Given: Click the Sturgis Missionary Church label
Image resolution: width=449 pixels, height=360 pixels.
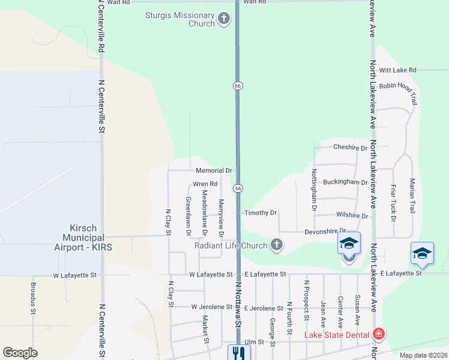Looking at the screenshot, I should tap(180, 19).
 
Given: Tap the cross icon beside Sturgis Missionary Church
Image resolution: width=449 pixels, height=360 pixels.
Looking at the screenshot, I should tap(223, 19).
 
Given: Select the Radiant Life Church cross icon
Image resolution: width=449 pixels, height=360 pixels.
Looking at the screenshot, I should tap(276, 245).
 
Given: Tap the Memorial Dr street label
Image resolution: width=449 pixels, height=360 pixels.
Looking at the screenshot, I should tap(214, 170).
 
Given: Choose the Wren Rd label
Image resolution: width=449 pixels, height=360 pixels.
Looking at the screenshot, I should tap(205, 184).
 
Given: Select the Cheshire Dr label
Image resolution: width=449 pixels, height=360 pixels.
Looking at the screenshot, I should tap(350, 148).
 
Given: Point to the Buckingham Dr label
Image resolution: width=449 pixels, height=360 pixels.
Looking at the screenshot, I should tap(345, 182).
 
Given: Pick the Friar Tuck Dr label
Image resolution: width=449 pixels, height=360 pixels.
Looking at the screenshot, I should tap(393, 203).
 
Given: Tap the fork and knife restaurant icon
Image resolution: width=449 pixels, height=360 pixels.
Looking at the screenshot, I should tap(238, 353).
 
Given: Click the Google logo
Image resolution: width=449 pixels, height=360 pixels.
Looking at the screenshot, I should tap(20, 353).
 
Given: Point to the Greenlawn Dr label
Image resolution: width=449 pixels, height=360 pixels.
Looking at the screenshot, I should tap(188, 215).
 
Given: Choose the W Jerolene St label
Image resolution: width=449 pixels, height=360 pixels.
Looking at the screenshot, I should tap(211, 307).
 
